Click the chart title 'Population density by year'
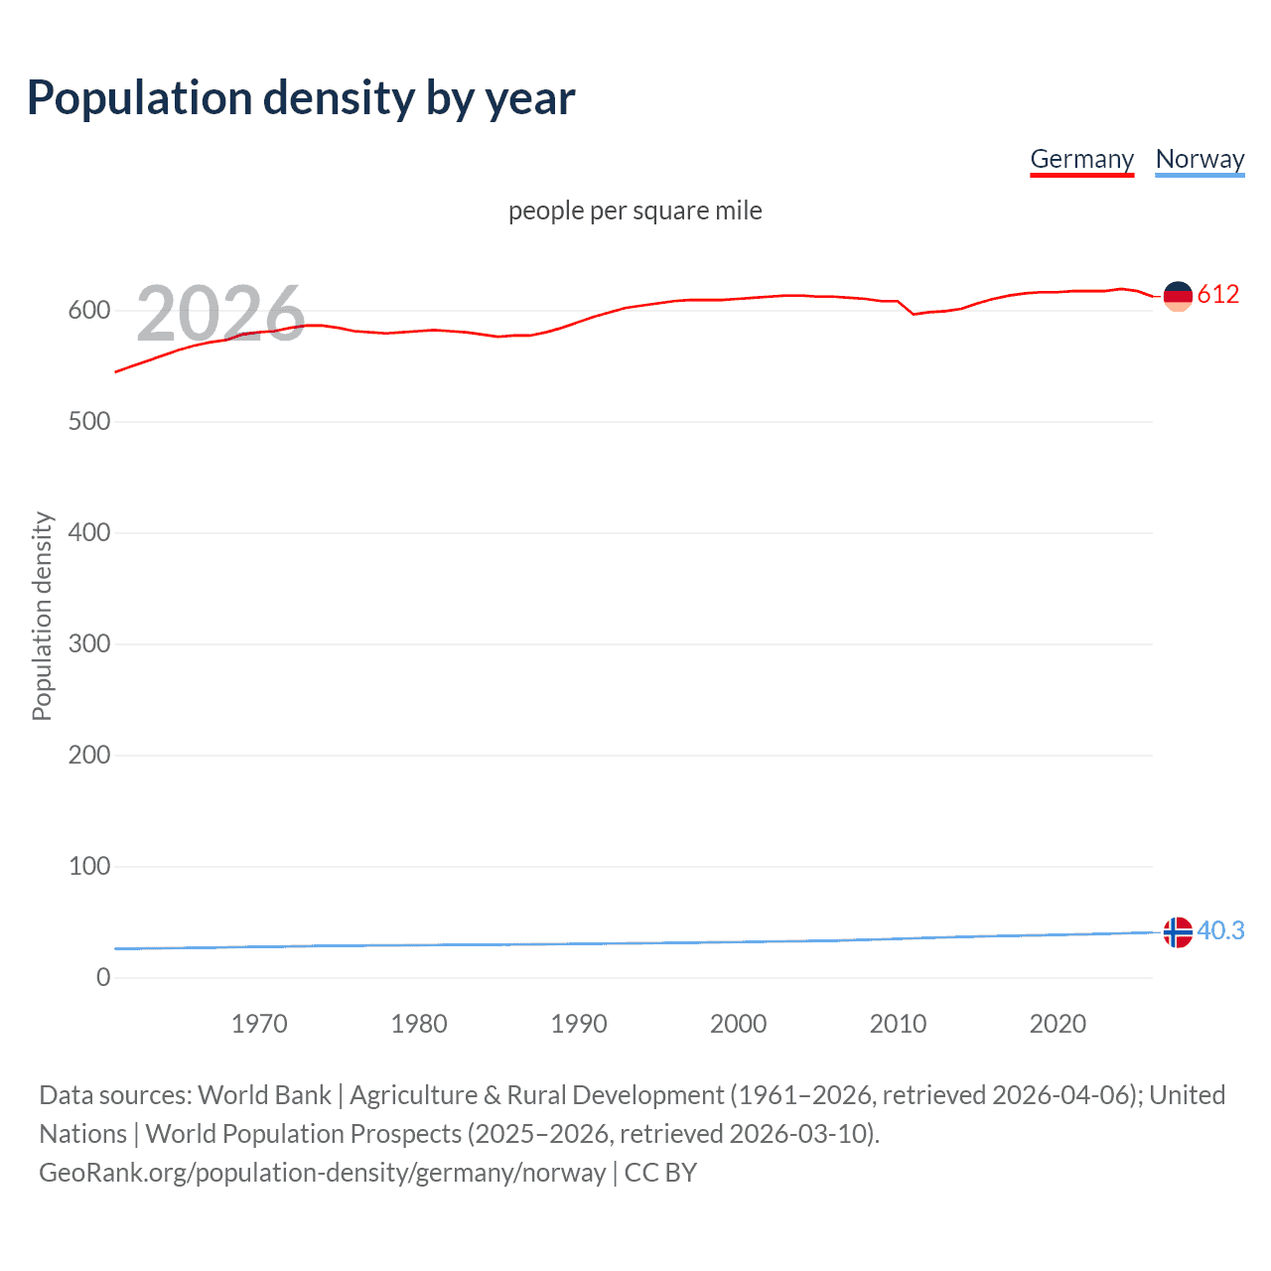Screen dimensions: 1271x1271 301,98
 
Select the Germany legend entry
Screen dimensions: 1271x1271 1081,159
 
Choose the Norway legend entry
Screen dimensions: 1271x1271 1200,159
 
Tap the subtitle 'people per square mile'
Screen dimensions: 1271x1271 635,211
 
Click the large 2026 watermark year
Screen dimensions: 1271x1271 220,314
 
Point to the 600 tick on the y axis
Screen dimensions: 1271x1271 89,311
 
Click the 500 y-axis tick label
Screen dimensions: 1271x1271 89,422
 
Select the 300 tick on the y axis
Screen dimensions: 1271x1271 89,644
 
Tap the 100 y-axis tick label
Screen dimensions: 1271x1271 89,867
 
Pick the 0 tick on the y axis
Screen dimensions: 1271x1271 103,978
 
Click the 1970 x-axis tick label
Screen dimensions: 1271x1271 259,1024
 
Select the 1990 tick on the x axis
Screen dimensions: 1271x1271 579,1024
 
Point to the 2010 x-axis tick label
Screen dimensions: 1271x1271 898,1024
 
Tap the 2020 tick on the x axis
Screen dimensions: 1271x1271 1058,1024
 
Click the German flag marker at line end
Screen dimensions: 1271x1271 1177,296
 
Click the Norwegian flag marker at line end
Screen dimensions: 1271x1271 1177,932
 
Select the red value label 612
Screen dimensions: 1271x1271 1218,294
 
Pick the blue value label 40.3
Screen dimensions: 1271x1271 1220,930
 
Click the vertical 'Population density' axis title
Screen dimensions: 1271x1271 42,616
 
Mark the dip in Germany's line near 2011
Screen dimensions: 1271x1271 914,314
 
